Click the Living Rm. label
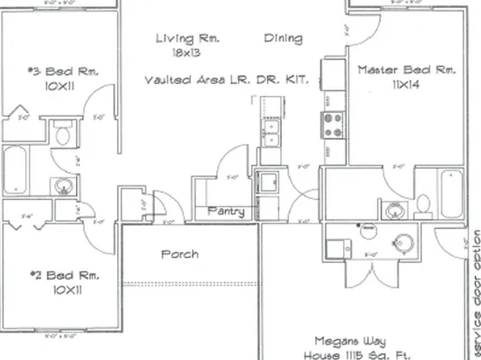pos(188,38)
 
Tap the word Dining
pos(283,38)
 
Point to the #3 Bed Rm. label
pos(63,72)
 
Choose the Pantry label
pos(226,211)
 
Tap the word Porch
pos(179,253)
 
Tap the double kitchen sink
pos(270,132)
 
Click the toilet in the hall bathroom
pos(61,133)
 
